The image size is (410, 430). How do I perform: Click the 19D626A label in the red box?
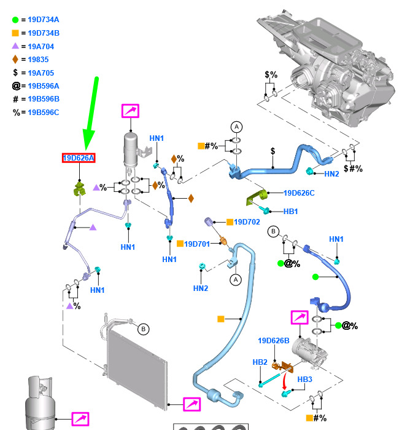(79, 158)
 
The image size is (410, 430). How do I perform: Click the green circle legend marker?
(15, 20)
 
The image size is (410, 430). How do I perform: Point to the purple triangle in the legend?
(15, 46)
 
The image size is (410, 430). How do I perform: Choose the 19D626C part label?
(299, 193)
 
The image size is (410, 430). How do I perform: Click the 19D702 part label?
(247, 222)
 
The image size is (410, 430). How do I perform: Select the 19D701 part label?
(197, 244)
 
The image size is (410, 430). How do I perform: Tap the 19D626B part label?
(273, 341)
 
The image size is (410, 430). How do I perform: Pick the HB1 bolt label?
(290, 212)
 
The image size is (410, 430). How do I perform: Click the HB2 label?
(260, 362)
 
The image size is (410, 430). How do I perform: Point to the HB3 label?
(304, 380)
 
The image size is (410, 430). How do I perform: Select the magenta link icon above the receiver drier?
(130, 111)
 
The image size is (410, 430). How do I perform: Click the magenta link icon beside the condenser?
(192, 404)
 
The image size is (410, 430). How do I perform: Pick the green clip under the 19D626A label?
(79, 189)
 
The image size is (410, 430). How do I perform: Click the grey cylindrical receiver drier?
(130, 150)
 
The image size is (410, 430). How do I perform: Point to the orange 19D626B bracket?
(282, 367)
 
